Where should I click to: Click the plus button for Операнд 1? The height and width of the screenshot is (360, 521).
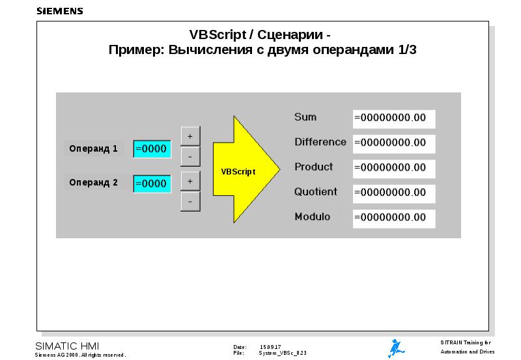point(190,136)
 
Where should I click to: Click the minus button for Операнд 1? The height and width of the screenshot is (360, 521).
point(190,157)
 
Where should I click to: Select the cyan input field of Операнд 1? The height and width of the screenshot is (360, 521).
point(152,149)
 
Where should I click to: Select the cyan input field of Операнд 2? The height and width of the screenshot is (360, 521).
point(152,184)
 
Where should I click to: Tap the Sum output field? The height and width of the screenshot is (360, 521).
point(393,118)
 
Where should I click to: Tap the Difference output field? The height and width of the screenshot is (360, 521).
point(393,143)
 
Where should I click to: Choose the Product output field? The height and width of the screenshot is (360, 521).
point(393,168)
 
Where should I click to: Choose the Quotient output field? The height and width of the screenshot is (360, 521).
point(393,193)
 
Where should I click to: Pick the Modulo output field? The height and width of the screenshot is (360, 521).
point(393,217)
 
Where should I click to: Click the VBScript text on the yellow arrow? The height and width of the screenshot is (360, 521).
point(238,172)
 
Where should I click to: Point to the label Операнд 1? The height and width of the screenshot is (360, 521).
point(94,148)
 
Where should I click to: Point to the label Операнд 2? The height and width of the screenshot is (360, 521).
point(94,183)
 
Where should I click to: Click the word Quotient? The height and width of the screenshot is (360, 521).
point(316,192)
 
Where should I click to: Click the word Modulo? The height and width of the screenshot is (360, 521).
point(312,217)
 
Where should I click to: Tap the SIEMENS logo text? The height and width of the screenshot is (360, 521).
point(60,11)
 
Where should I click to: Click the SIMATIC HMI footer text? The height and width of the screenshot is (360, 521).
point(67,345)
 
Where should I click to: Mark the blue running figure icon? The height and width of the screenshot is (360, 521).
point(395,348)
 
